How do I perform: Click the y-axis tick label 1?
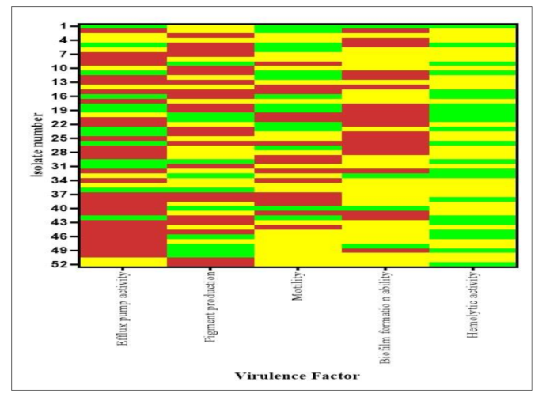[x=71, y=26]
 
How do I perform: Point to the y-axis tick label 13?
[x=69, y=82]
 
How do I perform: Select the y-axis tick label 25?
[x=69, y=138]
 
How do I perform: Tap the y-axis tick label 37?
[x=69, y=194]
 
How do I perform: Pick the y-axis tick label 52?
[x=69, y=263]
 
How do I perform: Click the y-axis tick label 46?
[x=69, y=236]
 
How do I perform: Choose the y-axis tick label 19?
[x=69, y=110]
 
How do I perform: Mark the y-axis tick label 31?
[x=69, y=166]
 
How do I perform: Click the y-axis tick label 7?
[x=71, y=54]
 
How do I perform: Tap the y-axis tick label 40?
[x=69, y=208]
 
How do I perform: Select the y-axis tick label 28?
[x=69, y=152]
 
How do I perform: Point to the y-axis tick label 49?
[x=69, y=250]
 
